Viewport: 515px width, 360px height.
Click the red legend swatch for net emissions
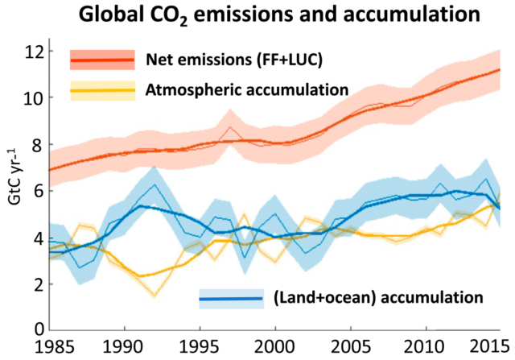click(102, 60)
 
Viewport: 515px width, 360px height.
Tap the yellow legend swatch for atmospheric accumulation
click(102, 89)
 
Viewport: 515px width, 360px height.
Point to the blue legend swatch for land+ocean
click(231, 299)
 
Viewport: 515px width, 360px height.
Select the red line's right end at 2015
click(499, 70)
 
